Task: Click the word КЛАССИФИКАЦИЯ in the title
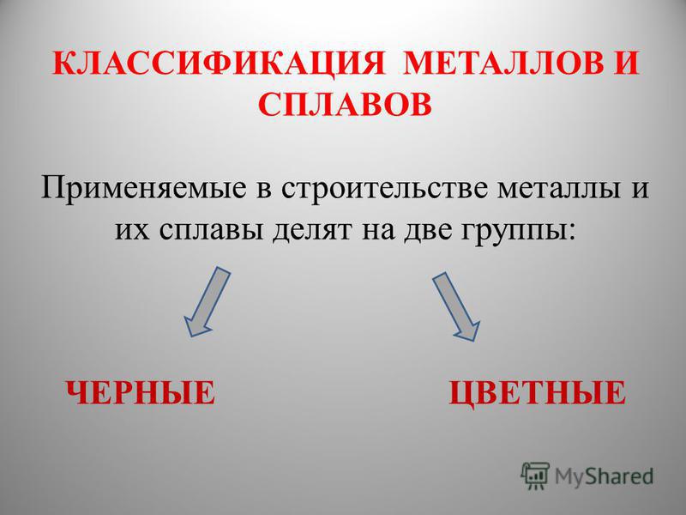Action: point(219,64)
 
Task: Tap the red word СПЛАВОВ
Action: point(345,105)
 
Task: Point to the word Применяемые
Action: point(142,189)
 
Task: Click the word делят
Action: point(311,231)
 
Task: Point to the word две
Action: point(427,229)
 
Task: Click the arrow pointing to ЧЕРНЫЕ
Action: point(207,301)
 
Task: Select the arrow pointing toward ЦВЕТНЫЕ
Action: point(456,306)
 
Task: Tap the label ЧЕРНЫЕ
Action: point(141,393)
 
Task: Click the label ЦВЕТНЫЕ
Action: point(538,393)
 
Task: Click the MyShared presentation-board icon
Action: point(535,476)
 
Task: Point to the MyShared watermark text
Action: point(604,476)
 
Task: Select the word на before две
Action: point(377,231)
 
